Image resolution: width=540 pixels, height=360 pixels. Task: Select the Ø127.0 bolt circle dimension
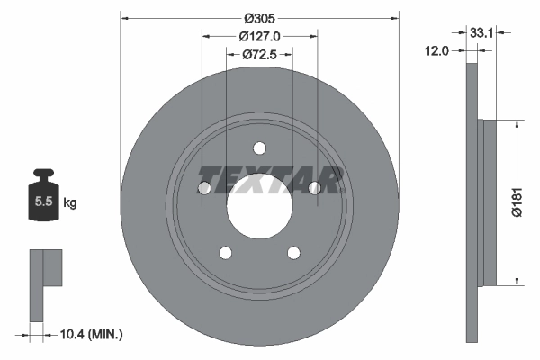click(x=259, y=36)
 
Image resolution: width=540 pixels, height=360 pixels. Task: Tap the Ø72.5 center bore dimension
click(x=259, y=55)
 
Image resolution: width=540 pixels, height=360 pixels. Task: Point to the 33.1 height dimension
click(x=480, y=31)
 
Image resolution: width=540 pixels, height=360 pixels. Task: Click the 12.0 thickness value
click(x=436, y=51)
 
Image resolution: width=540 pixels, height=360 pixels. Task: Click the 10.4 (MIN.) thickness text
click(x=89, y=334)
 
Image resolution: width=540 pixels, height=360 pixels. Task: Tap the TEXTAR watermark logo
click(x=270, y=180)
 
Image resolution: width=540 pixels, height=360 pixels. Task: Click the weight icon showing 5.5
click(x=42, y=200)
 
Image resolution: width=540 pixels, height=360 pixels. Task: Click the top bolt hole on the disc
click(x=259, y=148)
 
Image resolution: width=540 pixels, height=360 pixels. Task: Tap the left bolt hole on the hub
click(x=203, y=188)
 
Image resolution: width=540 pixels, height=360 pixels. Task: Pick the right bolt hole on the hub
click(x=315, y=188)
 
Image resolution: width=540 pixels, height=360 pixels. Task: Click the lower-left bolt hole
click(x=225, y=254)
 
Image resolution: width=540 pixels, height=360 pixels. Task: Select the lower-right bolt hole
click(x=293, y=254)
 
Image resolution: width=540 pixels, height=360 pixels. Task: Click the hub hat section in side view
click(x=489, y=202)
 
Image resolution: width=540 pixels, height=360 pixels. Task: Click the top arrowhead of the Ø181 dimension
click(x=516, y=127)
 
